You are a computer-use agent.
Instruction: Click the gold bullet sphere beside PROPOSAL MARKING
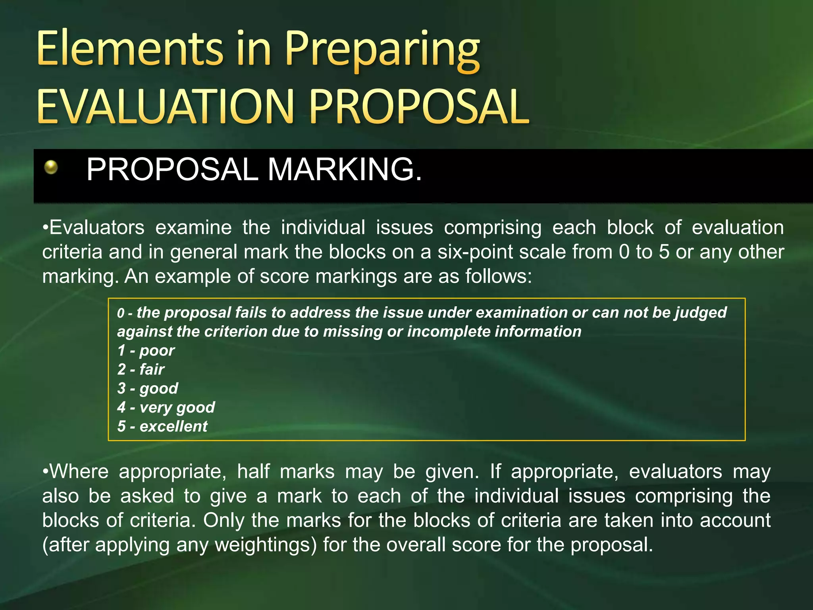click(x=51, y=167)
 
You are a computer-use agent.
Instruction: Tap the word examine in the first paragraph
click(x=193, y=228)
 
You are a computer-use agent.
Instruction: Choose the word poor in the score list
click(x=157, y=351)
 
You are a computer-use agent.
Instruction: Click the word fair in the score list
click(x=152, y=370)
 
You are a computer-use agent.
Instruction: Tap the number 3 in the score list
click(x=121, y=388)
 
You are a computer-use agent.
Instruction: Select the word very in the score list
click(x=155, y=407)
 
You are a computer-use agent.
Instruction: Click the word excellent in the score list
click(x=173, y=427)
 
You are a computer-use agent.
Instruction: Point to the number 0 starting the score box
click(x=121, y=313)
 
